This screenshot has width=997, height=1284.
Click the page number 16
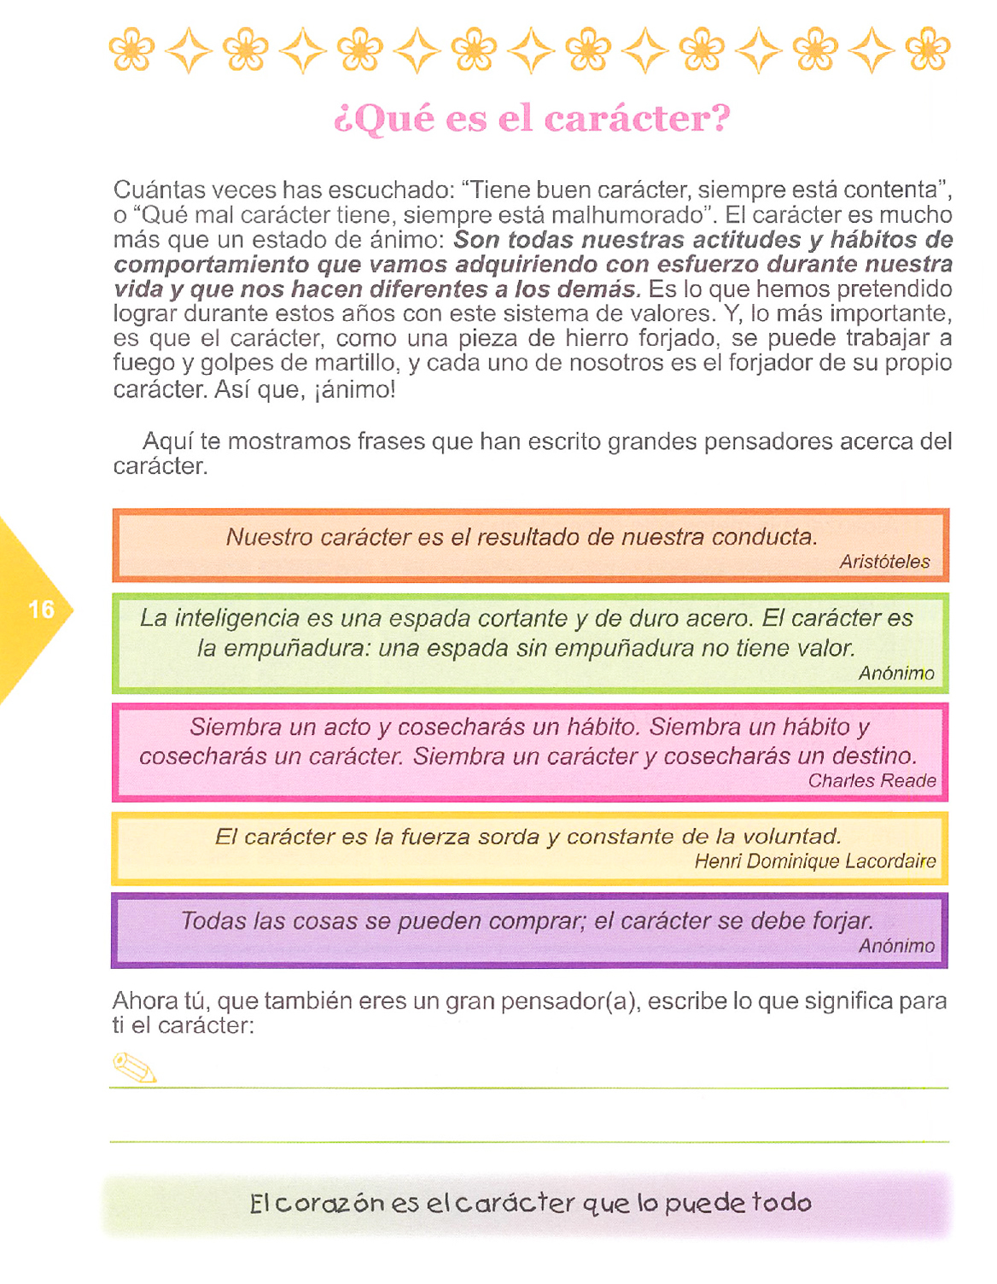(41, 610)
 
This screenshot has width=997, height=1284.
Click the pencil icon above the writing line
(135, 1067)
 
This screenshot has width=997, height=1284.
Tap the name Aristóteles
(884, 562)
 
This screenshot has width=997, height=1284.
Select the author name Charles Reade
(872, 781)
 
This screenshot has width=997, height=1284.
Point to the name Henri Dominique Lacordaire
(814, 861)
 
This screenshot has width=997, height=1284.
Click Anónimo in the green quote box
(896, 674)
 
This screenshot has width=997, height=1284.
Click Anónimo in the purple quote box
(896, 946)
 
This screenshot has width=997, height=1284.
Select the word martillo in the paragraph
(355, 364)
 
